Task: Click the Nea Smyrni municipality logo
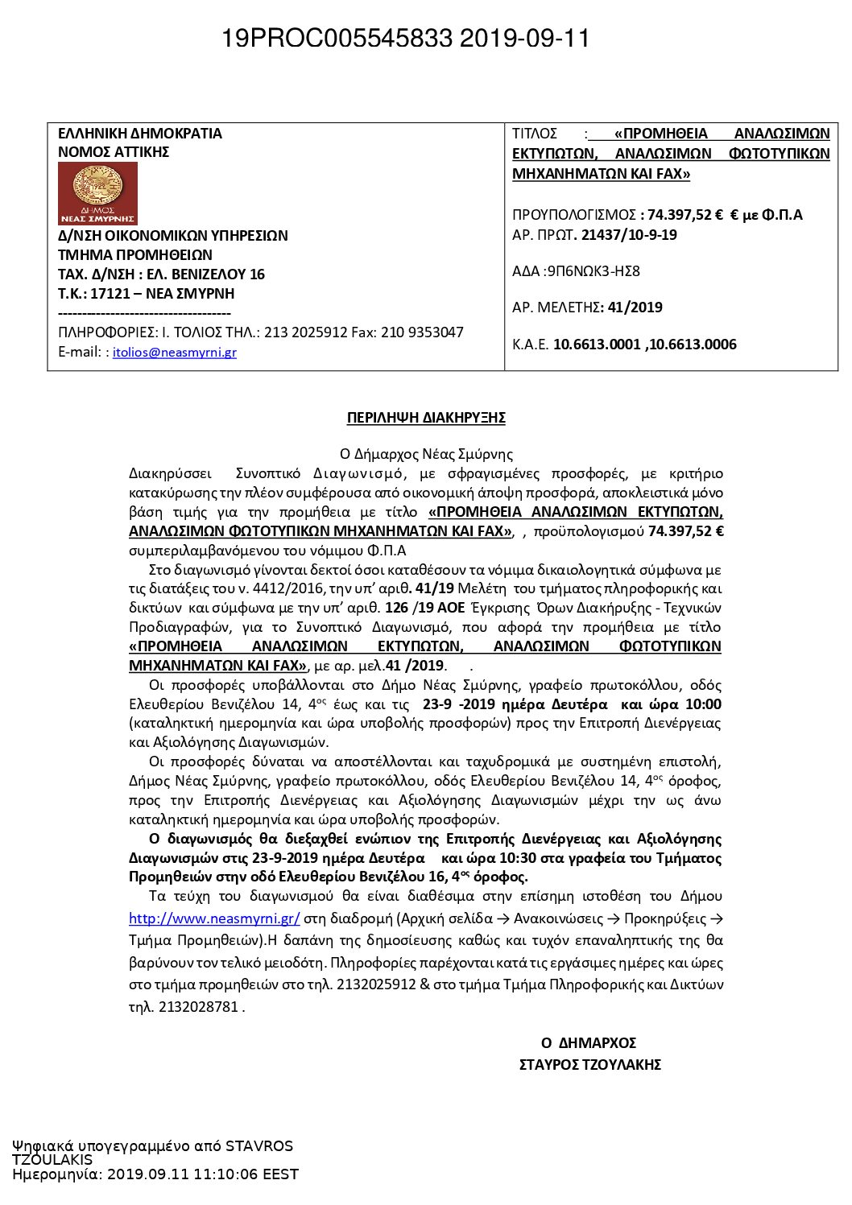(97, 193)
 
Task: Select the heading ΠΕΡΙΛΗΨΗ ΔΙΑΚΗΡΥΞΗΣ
(426, 418)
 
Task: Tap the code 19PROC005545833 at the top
(337, 38)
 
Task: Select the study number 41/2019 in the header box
(633, 307)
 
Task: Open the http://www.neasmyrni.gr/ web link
(214, 918)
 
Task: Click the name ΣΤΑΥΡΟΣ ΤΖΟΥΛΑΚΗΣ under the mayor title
(590, 1065)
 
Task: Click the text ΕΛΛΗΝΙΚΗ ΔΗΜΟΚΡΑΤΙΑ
(140, 134)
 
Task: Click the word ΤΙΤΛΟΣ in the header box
(535, 134)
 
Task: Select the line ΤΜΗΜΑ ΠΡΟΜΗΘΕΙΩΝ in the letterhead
(135, 255)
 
